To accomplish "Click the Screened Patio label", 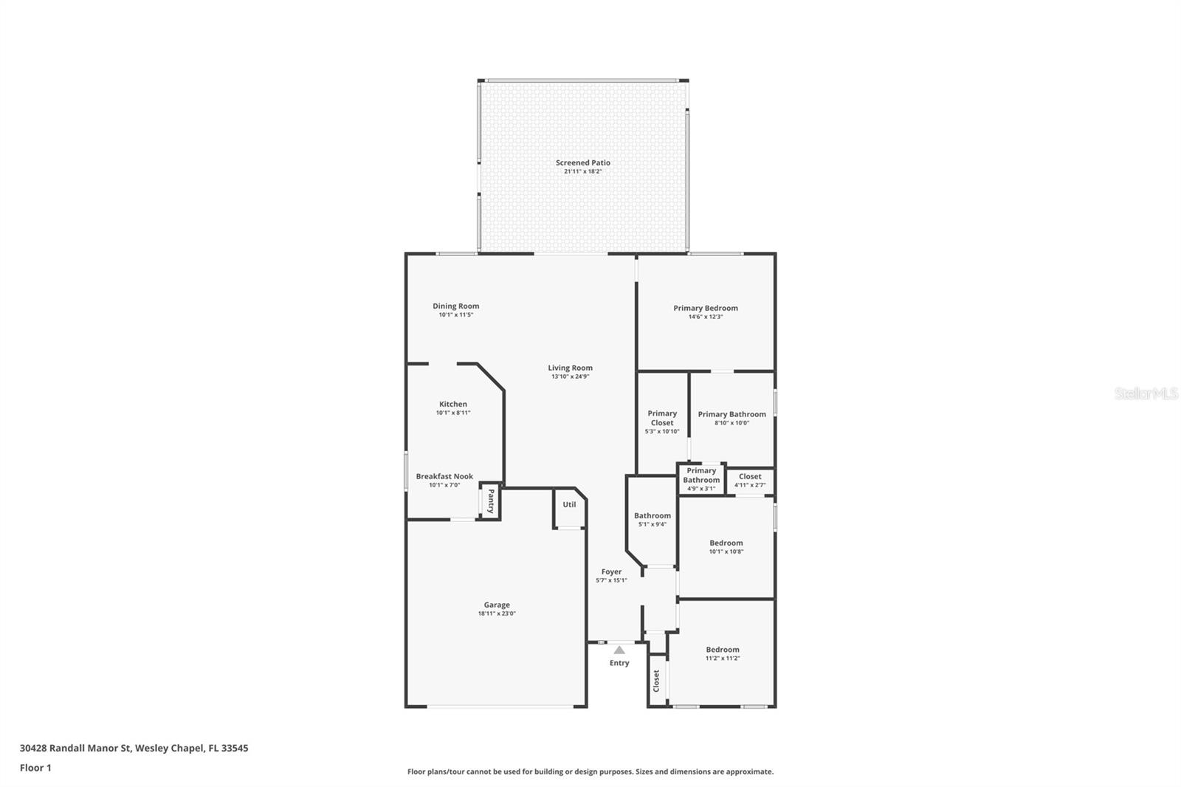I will click(x=582, y=162).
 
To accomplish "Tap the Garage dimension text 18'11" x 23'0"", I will click(x=496, y=614).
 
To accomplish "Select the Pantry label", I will click(x=490, y=501).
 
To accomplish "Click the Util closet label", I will click(x=569, y=505).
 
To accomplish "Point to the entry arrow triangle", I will click(x=619, y=650).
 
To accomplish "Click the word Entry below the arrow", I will click(x=619, y=663).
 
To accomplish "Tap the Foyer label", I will click(x=611, y=571).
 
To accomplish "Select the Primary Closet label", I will click(x=662, y=418).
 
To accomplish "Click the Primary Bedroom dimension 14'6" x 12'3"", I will click(x=705, y=317).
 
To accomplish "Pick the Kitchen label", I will click(x=453, y=404).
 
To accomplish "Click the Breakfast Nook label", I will click(x=444, y=476).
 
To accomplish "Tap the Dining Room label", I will click(x=455, y=306).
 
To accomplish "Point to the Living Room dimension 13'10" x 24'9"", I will click(x=570, y=377).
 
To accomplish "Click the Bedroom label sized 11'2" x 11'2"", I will click(x=722, y=650).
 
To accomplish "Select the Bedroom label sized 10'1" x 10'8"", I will click(x=726, y=543).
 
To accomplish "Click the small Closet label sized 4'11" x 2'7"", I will click(x=750, y=476).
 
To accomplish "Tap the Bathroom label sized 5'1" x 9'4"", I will click(x=653, y=516).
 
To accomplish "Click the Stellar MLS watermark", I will click(x=1146, y=394).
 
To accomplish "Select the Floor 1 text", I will click(x=35, y=768).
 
